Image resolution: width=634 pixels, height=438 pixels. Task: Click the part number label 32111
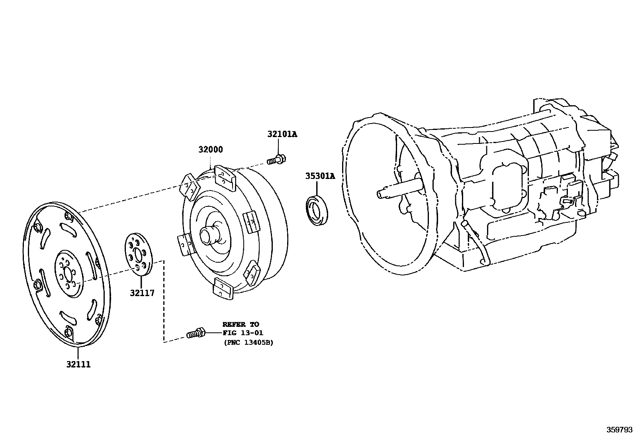78,364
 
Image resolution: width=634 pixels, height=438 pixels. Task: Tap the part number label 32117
142,293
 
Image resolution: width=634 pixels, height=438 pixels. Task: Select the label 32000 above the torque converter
211,150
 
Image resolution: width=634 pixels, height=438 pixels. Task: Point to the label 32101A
282,134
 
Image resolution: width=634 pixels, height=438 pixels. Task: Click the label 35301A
320,176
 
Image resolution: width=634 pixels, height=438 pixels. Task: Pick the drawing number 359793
619,430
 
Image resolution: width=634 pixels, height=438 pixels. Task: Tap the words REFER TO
241,324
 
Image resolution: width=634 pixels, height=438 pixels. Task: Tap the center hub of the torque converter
209,235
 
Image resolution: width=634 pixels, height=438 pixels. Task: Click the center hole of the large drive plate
68,274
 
